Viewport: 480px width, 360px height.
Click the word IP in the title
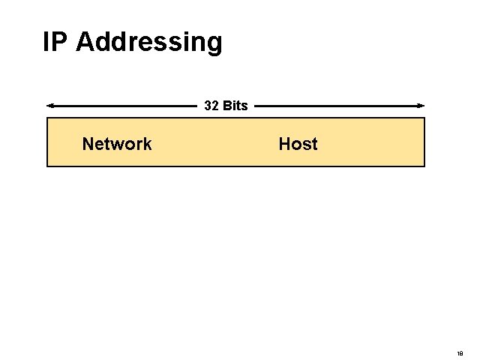coord(56,42)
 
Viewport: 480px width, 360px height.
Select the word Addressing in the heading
coord(149,43)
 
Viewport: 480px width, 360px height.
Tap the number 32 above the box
coord(211,106)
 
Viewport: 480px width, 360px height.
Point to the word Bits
coord(235,106)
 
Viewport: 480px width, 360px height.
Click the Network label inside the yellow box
coord(117,144)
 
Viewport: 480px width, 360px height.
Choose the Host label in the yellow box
coord(298,144)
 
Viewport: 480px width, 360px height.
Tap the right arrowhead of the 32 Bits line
coord(421,106)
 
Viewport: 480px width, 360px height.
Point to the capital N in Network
coord(88,144)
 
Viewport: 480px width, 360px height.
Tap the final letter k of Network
coord(148,144)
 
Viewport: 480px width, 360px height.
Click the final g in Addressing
coord(214,45)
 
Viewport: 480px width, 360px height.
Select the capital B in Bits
coord(226,106)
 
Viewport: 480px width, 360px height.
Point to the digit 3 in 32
coord(208,106)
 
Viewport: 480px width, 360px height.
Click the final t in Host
coord(314,144)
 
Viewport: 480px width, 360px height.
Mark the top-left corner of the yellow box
coord(47,118)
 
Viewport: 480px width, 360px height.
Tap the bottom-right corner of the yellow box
coord(424,165)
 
